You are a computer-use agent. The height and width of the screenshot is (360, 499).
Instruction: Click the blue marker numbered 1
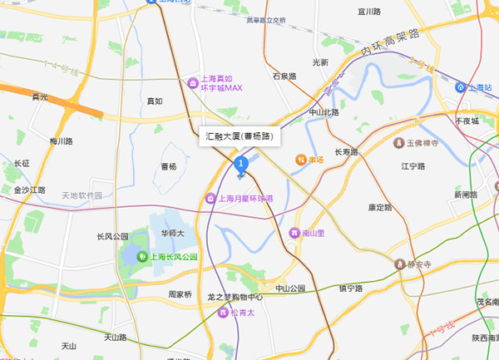[241, 163]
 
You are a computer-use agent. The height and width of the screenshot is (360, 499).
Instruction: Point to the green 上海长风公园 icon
[143, 257]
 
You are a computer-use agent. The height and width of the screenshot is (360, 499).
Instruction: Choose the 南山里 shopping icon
[294, 234]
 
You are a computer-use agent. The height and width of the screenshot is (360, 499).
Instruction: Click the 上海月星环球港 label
[249, 198]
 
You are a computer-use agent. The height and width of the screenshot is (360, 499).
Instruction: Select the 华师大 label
[172, 234]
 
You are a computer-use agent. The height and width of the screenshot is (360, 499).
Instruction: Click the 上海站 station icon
[462, 86]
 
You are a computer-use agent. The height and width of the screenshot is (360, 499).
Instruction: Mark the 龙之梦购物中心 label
[235, 297]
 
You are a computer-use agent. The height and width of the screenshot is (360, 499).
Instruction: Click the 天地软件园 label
[82, 195]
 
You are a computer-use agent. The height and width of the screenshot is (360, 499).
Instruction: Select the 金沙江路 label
[30, 190]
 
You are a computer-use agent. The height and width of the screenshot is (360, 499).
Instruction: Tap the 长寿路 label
[345, 152]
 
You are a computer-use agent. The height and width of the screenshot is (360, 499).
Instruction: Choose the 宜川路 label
[368, 12]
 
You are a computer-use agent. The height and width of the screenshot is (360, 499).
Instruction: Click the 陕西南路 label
[484, 338]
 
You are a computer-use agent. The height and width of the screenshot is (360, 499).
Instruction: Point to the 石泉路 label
[284, 76]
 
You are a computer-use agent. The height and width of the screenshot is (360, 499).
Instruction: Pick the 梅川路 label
[62, 141]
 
